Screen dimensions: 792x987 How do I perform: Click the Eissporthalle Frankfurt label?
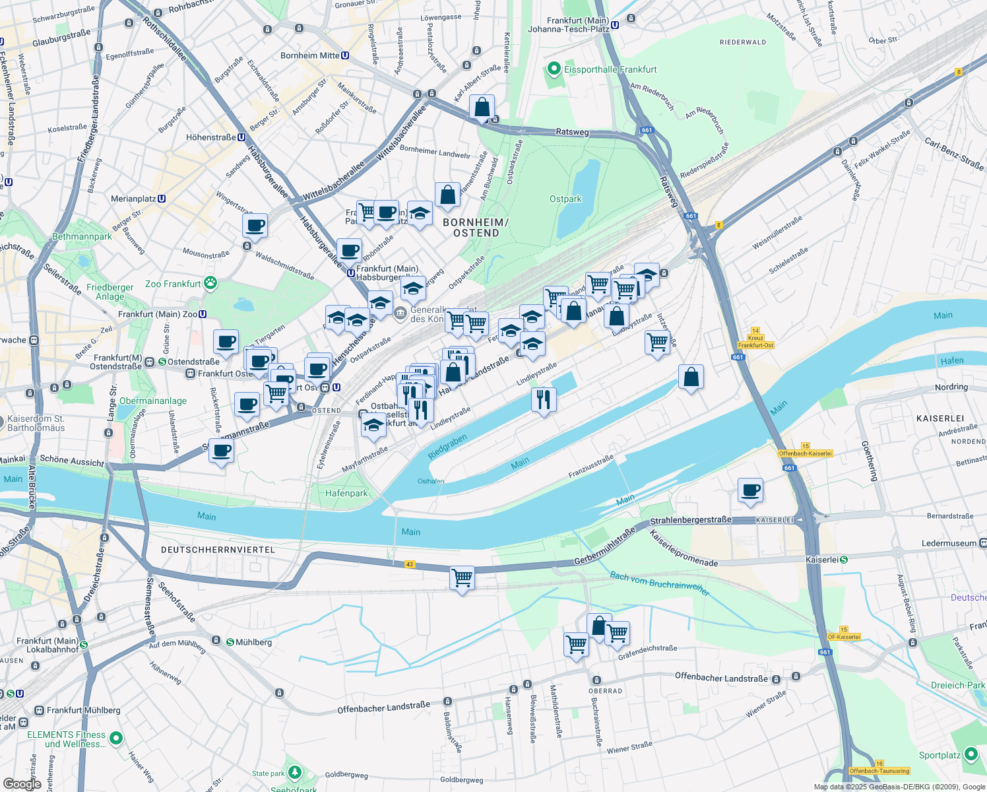610,69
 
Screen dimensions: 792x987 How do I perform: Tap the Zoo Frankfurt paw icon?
210,284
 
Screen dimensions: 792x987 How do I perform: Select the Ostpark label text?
565,199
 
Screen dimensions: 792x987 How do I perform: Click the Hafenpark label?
346,493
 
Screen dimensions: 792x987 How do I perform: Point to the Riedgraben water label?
447,447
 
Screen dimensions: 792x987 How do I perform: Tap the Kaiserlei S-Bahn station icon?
844,560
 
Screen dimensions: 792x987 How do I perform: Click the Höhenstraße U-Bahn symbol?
242,137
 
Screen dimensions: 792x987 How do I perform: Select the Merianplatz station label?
133,199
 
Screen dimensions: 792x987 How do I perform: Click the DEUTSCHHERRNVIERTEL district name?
218,550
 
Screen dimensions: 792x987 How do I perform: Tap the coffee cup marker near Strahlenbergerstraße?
750,490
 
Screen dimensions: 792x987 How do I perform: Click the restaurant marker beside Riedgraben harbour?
544,399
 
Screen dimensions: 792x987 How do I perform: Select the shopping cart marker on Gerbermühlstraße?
462,578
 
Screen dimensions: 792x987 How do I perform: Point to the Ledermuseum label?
949,543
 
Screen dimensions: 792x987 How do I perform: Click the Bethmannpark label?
82,236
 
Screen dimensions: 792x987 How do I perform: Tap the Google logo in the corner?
22,783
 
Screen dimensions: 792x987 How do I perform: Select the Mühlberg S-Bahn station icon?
230,642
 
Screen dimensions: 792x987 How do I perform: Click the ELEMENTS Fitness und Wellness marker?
116,738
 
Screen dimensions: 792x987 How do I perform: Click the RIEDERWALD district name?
743,42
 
